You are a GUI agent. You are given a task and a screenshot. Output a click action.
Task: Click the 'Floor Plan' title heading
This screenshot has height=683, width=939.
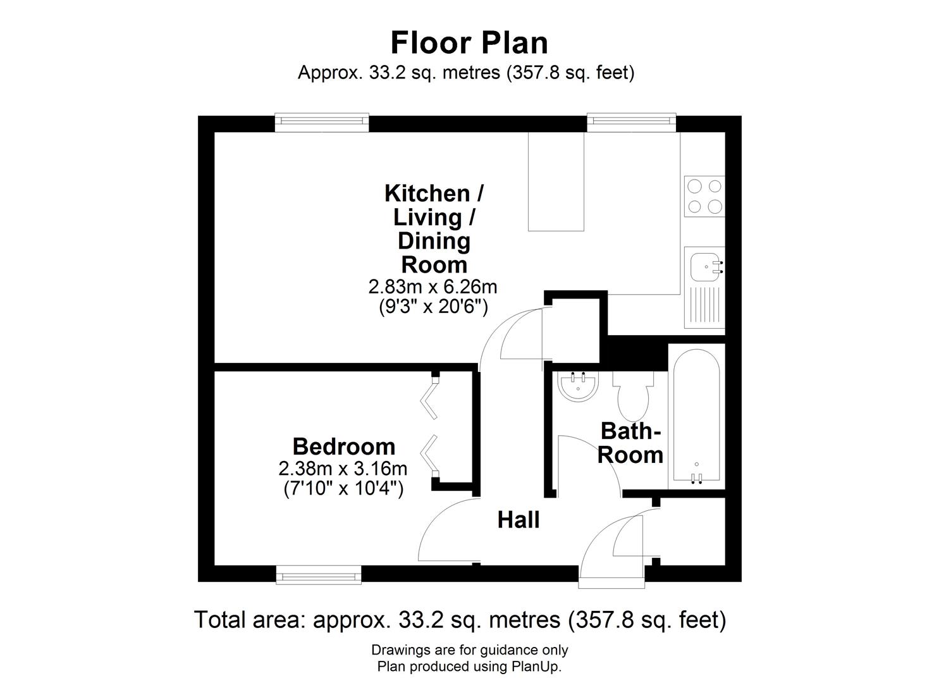[x=469, y=43]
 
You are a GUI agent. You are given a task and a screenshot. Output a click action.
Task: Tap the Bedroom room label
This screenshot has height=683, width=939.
[x=343, y=446]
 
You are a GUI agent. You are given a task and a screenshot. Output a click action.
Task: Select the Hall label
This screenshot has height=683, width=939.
[x=518, y=520]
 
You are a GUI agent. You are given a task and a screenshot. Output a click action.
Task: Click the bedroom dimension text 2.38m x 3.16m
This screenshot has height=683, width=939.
[x=342, y=469]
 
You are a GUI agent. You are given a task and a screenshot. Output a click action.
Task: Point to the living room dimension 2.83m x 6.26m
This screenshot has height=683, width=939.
[x=433, y=286]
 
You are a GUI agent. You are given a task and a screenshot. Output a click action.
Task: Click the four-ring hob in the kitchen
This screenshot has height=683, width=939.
[x=704, y=196]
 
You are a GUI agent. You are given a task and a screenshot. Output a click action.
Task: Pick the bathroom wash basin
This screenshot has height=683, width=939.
[x=578, y=386]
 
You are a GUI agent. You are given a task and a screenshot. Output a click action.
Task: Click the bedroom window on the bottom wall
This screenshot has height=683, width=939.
[x=319, y=574]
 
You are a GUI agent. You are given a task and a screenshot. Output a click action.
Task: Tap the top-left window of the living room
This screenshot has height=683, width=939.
[x=322, y=123]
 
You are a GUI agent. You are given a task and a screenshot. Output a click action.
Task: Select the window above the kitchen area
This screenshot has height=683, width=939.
[x=630, y=123]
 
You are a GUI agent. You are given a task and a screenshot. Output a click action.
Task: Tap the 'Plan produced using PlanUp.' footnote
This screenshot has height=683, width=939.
[x=469, y=666]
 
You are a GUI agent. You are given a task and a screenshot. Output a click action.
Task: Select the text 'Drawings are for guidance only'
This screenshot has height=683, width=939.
[x=469, y=649]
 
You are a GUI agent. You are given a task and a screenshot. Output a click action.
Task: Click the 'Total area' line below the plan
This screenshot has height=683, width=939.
[x=460, y=619]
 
